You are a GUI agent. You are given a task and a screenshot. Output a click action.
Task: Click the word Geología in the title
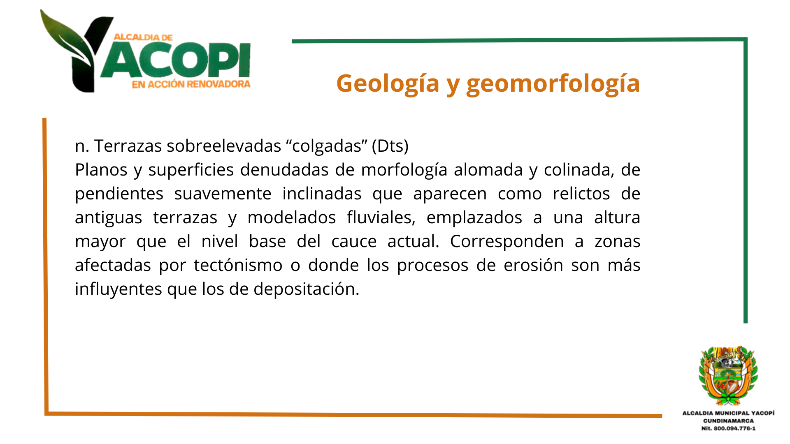pos(388,84)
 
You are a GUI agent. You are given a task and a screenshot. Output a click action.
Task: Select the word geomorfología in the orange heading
pos(553,84)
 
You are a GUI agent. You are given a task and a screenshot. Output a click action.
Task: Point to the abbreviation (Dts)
pos(390,146)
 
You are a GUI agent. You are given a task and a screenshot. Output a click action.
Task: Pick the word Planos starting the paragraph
pos(101,170)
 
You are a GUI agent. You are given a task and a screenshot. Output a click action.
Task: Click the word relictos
pos(581,194)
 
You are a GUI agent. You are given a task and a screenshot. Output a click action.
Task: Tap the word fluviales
pos(381,217)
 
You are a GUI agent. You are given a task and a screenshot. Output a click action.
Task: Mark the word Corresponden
pos(507,242)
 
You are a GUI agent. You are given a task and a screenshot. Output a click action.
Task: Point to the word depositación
pos(307,289)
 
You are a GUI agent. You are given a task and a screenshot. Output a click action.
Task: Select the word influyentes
pos(118,289)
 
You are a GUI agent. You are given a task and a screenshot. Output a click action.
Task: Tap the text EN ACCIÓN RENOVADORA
pos(191,84)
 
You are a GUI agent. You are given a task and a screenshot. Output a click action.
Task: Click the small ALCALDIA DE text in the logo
pos(143,37)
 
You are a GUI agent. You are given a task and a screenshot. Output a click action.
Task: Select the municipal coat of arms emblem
pos(728,376)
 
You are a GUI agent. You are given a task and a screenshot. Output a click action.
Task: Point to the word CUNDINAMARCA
pos(728,421)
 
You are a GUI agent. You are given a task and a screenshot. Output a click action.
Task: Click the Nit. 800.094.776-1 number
pos(728,428)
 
